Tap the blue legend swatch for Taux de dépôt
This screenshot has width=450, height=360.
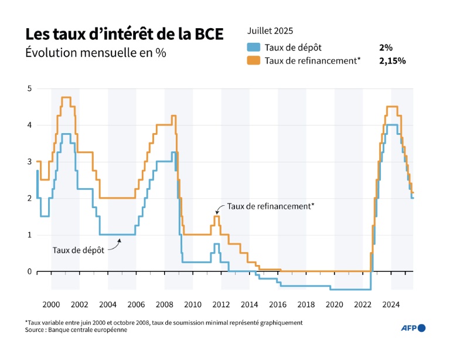(254, 47)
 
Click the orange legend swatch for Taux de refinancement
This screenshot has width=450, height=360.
(254, 60)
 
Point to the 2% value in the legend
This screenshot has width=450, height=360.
(386, 47)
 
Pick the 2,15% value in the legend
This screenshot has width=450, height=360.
(393, 60)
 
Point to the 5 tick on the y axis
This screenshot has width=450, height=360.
(29, 89)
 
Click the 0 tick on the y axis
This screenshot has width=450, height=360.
(29, 271)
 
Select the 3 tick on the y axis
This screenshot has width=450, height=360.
(29, 162)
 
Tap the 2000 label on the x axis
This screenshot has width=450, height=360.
(51, 304)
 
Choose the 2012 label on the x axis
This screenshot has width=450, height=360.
(221, 304)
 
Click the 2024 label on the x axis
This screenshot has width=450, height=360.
(391, 304)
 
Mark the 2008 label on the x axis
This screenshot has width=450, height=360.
(164, 304)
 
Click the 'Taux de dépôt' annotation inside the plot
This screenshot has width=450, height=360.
(79, 250)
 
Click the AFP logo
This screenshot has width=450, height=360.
(414, 328)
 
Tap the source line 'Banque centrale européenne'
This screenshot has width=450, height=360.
(76, 330)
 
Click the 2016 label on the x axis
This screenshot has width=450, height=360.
(278, 304)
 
